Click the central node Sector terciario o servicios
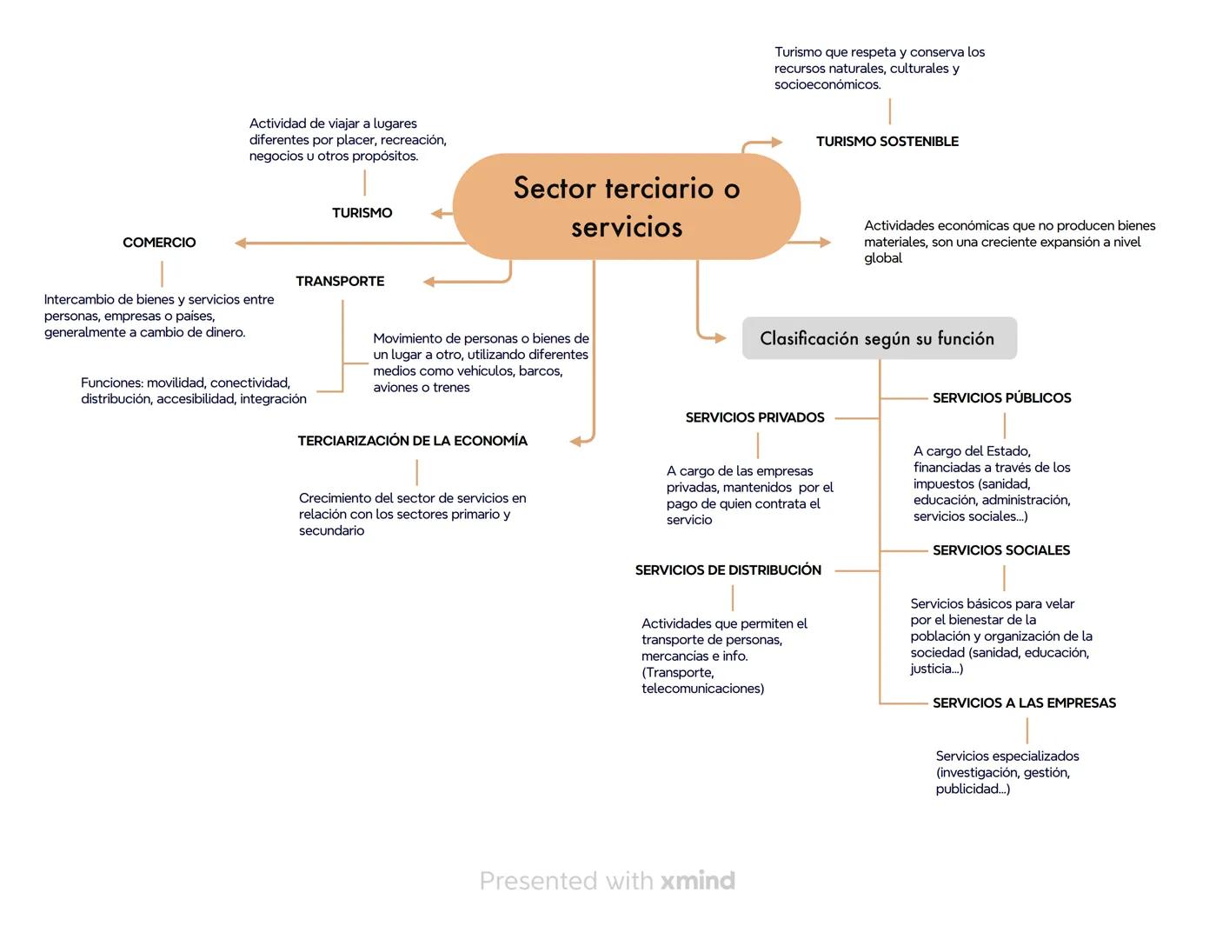[626, 207]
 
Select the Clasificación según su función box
[879, 338]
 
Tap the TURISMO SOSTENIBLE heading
[887, 142]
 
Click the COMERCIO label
[159, 243]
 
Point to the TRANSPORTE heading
[340, 282]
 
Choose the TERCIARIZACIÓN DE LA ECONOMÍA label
[412, 441]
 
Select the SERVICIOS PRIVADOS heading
[754, 418]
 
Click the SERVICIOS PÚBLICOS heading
[1001, 398]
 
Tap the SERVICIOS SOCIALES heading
[1000, 550]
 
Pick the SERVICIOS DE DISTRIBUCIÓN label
[728, 570]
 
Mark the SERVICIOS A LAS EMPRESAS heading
[1024, 703]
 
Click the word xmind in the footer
[697, 881]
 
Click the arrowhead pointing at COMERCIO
[241, 243]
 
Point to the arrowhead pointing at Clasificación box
[719, 337]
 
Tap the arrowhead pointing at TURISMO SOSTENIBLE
[775, 142]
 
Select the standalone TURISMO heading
[362, 213]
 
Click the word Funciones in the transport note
[111, 383]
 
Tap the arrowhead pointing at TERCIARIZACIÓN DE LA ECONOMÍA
[576, 441]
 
